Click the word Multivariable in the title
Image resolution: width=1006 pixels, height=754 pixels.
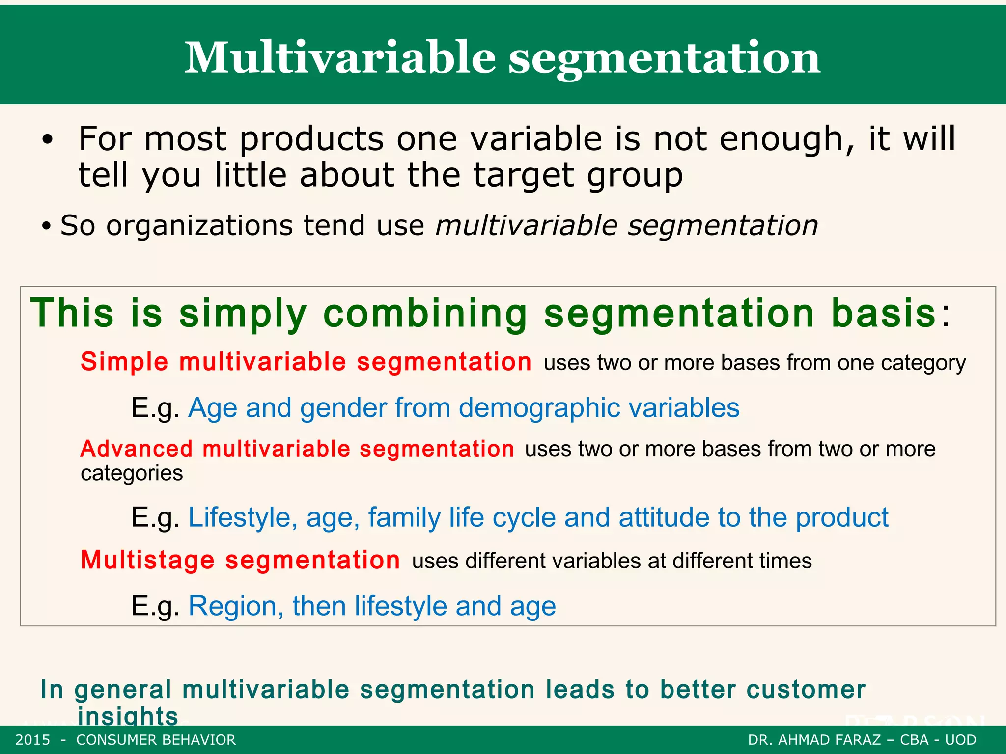click(340, 57)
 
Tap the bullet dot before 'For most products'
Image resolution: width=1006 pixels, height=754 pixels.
click(47, 140)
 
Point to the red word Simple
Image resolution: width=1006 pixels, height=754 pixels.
click(124, 362)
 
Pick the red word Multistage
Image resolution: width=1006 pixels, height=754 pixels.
click(147, 560)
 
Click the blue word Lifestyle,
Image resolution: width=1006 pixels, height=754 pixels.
click(243, 518)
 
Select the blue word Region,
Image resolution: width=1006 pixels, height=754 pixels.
click(236, 606)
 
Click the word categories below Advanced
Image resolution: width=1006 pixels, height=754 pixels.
click(132, 473)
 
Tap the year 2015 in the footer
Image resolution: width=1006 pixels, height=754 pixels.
click(32, 740)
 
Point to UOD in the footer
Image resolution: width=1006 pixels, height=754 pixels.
click(960, 740)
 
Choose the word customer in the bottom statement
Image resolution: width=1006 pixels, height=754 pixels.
click(806, 690)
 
